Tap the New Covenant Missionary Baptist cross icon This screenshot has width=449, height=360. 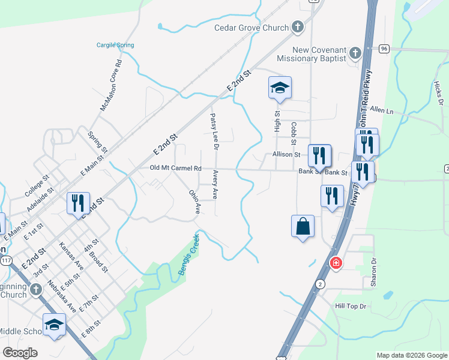tap(355, 53)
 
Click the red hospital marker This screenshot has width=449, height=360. tap(336, 263)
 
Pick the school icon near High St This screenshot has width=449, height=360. tap(280, 88)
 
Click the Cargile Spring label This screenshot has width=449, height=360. tap(115, 45)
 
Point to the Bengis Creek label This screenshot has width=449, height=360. tap(187, 254)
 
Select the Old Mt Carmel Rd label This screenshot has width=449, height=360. tap(175, 169)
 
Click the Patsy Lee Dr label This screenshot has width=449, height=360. tap(214, 131)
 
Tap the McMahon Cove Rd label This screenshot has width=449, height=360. tap(111, 85)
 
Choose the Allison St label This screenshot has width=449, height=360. tap(286, 154)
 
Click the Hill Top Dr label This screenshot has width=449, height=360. tap(352, 306)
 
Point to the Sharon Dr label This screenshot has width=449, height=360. tap(374, 272)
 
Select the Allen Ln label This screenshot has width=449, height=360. tap(382, 110)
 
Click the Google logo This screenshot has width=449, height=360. tap(20, 353)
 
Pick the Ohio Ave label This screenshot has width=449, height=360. tap(194, 202)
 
